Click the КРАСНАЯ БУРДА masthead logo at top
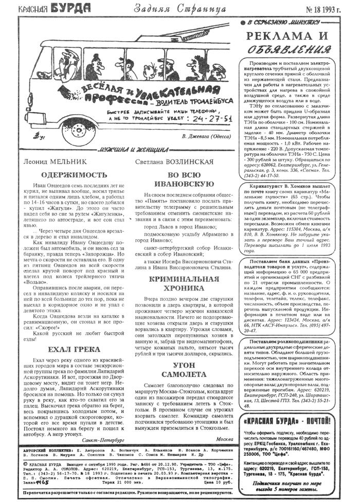click(54, 8)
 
